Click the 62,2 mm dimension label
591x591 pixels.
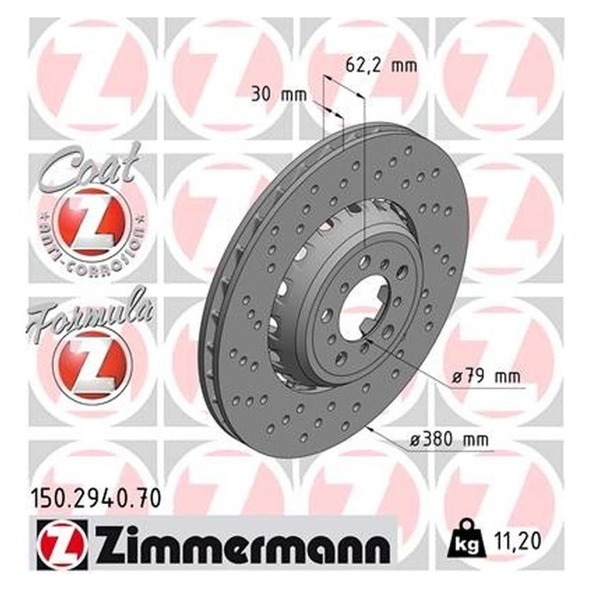click(380, 67)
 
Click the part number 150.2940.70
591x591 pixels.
click(97, 498)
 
